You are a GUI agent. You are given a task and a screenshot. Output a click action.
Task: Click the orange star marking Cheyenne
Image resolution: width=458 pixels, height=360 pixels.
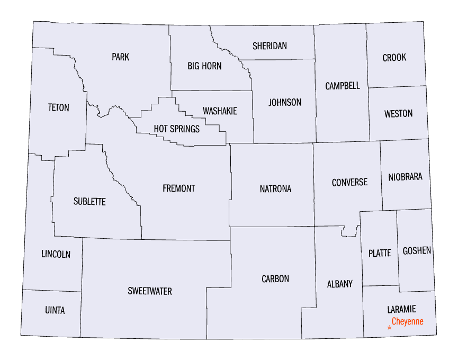point(390,328)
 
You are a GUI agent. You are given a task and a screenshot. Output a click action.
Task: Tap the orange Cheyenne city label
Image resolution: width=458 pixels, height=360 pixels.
point(407,321)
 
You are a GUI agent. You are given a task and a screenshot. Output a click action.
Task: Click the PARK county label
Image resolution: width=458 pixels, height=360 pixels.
point(120,57)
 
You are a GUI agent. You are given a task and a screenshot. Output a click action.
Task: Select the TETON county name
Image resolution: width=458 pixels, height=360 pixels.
point(58,107)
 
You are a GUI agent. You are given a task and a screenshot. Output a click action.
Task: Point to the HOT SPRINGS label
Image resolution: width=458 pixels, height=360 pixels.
point(177,129)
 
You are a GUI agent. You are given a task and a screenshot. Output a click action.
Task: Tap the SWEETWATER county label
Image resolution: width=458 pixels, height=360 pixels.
point(150,291)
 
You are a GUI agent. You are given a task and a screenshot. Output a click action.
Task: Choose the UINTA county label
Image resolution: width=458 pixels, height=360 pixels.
point(55,311)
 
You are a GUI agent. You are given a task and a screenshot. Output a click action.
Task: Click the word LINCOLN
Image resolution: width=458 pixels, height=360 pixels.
point(56,255)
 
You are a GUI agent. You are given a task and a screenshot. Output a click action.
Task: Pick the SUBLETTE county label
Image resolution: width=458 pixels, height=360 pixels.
point(89,202)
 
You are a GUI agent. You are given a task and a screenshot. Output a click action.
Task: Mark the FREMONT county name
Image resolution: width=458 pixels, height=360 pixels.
point(179,188)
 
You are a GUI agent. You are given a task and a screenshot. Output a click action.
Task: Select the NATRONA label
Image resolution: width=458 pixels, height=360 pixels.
point(275,189)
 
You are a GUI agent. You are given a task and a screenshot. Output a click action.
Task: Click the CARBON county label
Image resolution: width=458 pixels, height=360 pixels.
point(275,279)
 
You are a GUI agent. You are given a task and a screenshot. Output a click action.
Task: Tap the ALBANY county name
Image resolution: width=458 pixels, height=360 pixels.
point(339,284)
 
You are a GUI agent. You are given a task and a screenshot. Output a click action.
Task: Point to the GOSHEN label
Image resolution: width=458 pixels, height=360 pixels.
point(417,251)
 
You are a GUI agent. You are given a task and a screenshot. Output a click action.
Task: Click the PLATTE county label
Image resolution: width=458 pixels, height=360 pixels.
point(380,253)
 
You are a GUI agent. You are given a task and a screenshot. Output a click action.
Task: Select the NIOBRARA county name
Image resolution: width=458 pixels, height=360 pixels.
point(405,177)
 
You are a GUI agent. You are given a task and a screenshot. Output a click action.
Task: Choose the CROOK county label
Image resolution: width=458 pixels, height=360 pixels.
point(394,58)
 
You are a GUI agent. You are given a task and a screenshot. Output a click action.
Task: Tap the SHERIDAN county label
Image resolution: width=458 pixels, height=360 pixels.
point(270,46)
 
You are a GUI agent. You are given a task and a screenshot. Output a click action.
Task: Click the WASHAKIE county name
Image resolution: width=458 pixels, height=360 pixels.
point(220,111)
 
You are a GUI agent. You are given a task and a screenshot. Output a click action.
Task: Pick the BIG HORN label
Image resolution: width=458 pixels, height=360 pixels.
point(204,66)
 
